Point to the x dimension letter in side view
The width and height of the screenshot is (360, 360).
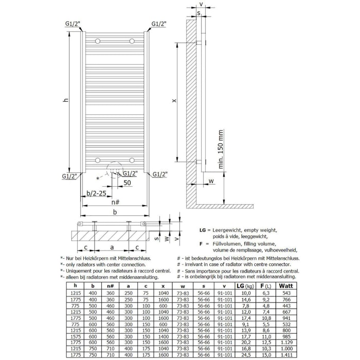[174, 101]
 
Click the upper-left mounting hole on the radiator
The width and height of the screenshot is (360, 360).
[99, 41]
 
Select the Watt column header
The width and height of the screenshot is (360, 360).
[284, 286]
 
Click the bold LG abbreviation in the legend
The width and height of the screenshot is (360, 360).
[203, 230]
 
